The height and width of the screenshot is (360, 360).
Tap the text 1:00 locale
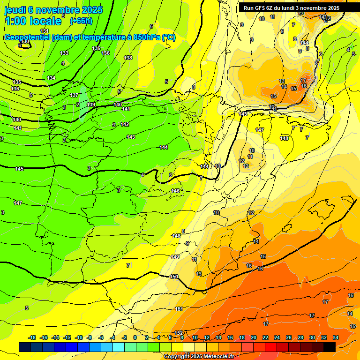(x=33, y=21)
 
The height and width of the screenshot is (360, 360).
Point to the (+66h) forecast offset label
(x=81, y=21)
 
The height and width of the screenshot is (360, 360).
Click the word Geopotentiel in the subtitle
(x=27, y=37)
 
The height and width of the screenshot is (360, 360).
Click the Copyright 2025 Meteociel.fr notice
(x=198, y=356)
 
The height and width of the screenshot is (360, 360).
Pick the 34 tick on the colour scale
(x=336, y=337)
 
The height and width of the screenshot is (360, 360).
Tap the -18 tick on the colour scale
(x=32, y=337)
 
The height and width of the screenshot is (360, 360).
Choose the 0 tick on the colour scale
(x=135, y=337)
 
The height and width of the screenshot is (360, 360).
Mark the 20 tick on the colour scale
(x=254, y=337)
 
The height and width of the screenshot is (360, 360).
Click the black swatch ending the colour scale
(x=330, y=347)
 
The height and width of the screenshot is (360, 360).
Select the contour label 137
(x=74, y=95)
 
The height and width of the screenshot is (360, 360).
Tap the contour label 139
(x=91, y=105)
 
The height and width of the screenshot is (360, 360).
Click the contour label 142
(x=125, y=124)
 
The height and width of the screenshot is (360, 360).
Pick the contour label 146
(x=175, y=191)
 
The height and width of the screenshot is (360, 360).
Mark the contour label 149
(x=175, y=257)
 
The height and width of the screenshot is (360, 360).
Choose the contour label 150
(x=174, y=277)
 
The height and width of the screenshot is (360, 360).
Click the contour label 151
(x=179, y=309)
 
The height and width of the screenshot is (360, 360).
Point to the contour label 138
(x=128, y=58)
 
